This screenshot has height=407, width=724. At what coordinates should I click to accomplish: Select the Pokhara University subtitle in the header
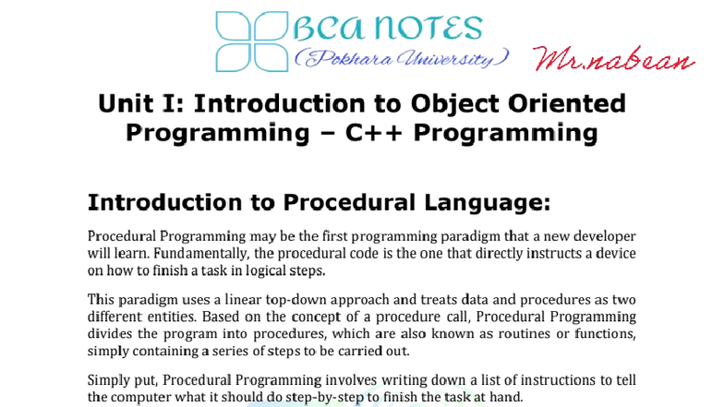click(401, 59)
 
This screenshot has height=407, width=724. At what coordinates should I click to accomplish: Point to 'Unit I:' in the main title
click(144, 103)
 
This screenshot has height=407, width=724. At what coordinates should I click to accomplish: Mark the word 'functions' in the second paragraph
click(601, 335)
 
